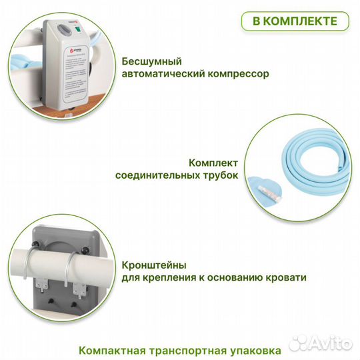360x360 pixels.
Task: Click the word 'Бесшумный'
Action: [x=152, y=60]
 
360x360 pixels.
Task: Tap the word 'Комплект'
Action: [x=211, y=163]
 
